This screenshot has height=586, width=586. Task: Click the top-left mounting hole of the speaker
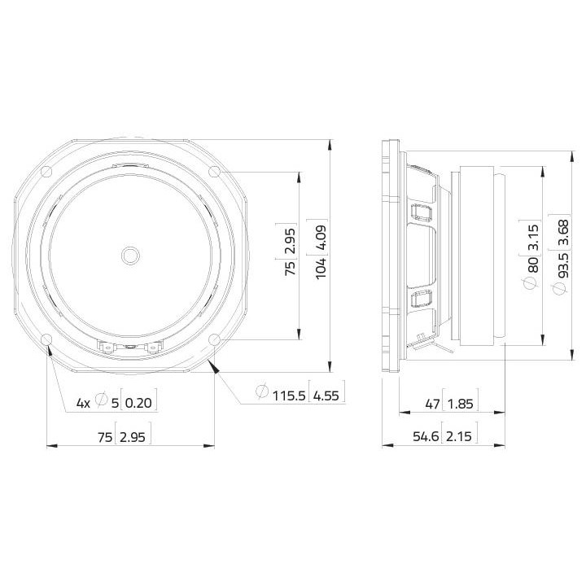click(x=46, y=172)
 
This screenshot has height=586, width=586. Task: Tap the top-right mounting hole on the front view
click(x=214, y=172)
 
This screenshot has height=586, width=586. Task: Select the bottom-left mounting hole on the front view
click(x=46, y=339)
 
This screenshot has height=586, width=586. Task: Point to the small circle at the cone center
click(x=130, y=255)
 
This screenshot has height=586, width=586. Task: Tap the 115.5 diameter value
click(x=288, y=396)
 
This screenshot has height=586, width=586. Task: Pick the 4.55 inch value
click(x=326, y=396)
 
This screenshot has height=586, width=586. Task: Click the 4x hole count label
click(x=83, y=402)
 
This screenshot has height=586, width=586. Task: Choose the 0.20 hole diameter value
click(x=139, y=402)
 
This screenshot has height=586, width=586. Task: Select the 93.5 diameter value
click(x=562, y=265)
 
